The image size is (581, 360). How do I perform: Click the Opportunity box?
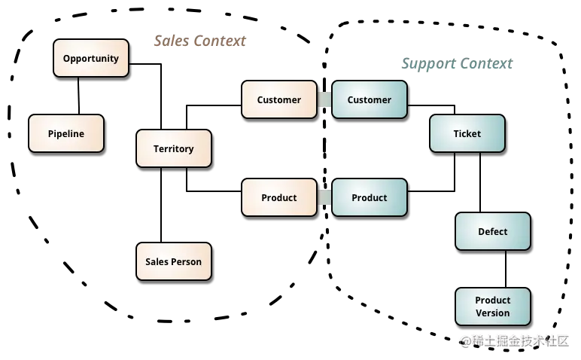click(x=91, y=59)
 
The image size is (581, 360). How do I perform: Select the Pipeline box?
click(x=66, y=134)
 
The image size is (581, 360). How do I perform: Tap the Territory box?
click(x=174, y=149)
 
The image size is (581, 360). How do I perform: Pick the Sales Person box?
click(x=174, y=262)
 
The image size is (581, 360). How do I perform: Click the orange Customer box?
click(x=279, y=99)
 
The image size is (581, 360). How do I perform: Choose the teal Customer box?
click(x=370, y=99)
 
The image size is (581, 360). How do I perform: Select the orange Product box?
click(x=279, y=197)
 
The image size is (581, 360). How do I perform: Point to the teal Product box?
click(x=370, y=197)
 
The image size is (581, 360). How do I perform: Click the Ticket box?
click(x=467, y=134)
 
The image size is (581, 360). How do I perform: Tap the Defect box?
click(x=493, y=232)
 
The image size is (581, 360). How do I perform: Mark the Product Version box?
click(x=493, y=307)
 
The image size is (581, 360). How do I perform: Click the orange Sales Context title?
click(x=199, y=41)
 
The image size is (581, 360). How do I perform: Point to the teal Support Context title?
click(x=455, y=65)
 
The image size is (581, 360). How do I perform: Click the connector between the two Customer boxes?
click(x=324, y=99)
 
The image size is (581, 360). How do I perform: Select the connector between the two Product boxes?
click(x=324, y=197)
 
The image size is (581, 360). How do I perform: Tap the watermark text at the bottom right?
click(x=515, y=340)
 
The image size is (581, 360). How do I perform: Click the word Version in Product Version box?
click(x=493, y=313)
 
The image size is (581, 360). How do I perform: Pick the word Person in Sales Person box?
click(x=187, y=262)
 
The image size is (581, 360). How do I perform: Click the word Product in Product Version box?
click(x=493, y=301)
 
